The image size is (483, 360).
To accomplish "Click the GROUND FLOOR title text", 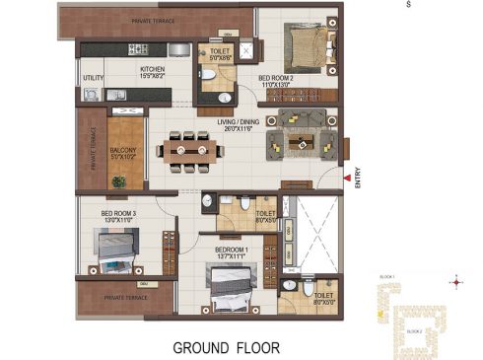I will point(227,347).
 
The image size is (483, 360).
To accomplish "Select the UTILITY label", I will point(93,78).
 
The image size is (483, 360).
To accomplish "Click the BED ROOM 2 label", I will point(277,80).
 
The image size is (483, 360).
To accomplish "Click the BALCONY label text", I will point(123,147).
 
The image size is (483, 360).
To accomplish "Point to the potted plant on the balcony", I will point(119,180).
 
